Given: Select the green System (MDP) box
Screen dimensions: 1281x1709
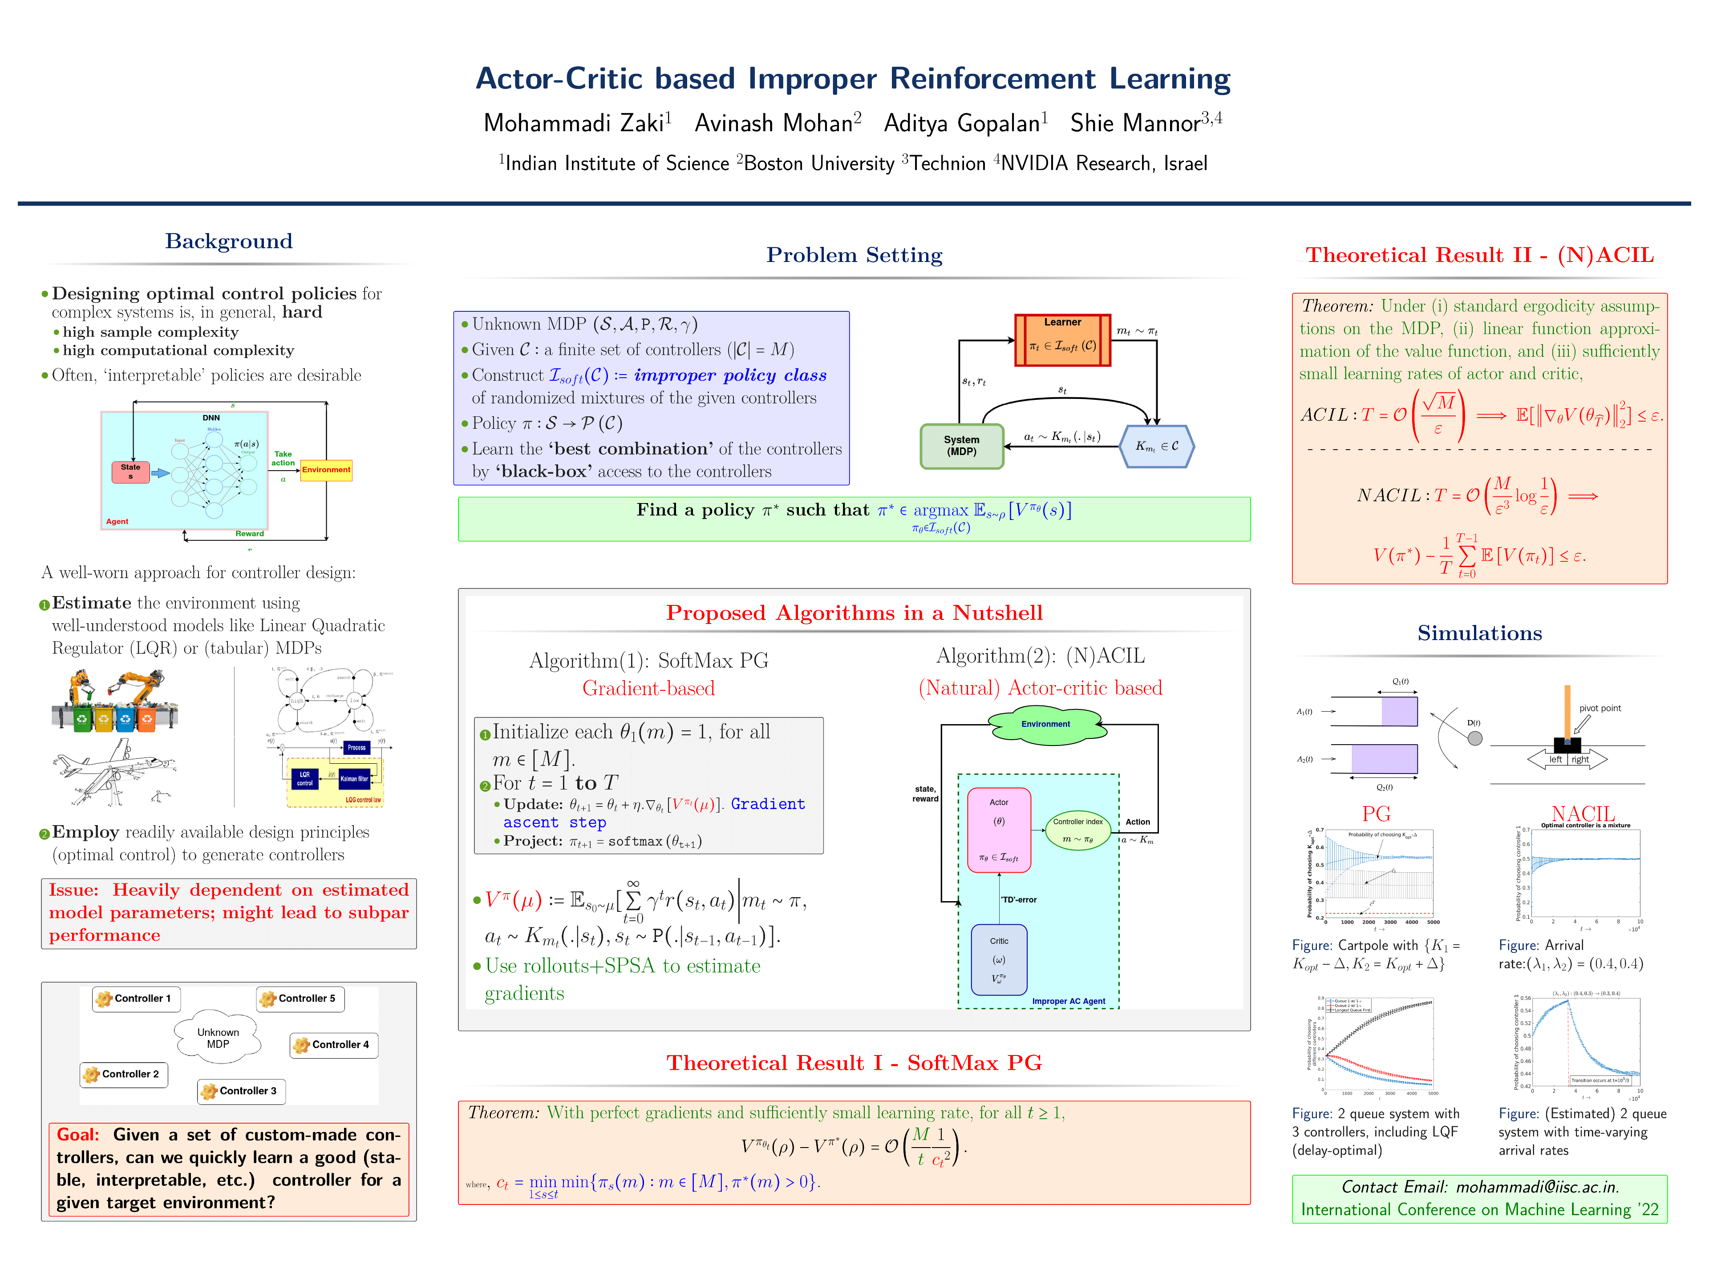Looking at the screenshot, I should point(962,446).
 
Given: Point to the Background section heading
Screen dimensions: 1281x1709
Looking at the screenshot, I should point(229,241).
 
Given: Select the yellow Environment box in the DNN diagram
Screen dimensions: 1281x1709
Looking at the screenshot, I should point(326,469).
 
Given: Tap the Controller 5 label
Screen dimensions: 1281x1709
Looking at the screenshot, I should point(300,999).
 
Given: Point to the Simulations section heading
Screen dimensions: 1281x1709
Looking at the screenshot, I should point(1479,633).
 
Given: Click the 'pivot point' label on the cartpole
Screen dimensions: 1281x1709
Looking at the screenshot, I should point(1599,708).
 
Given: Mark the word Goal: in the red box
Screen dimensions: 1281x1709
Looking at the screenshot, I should point(78,1134).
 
